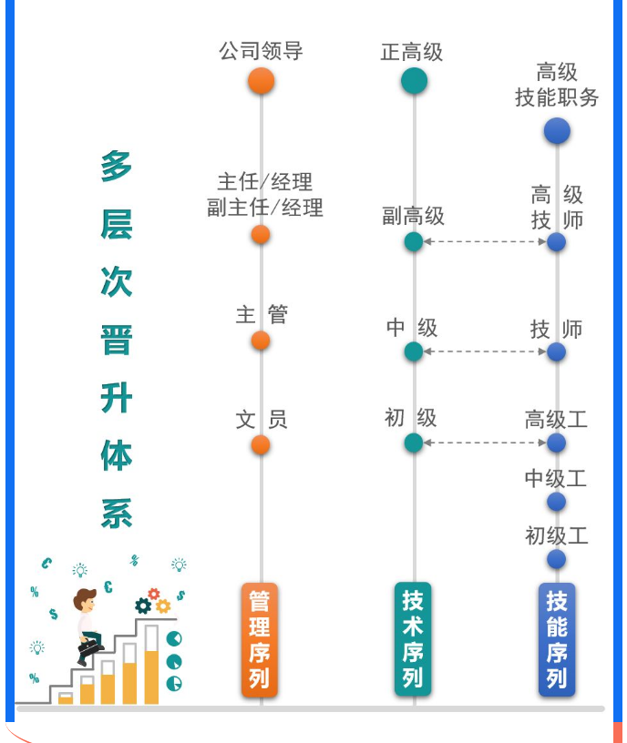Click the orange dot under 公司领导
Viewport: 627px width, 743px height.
tap(261, 81)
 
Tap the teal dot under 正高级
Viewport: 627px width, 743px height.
tap(414, 81)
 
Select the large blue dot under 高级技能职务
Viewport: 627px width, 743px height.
tap(557, 131)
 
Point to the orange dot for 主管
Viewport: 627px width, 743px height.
tap(261, 341)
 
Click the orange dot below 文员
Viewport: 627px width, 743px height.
tap(261, 444)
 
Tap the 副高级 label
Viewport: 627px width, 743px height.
tap(413, 216)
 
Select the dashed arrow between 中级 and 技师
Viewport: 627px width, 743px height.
tap(485, 351)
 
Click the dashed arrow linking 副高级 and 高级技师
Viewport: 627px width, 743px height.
tap(485, 242)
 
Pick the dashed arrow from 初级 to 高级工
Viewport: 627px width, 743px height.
tap(485, 443)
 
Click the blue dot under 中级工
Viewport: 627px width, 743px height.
tap(556, 502)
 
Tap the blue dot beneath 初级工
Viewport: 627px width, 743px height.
tap(556, 559)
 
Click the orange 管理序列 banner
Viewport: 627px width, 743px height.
tap(260, 640)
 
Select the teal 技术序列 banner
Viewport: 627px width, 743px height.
tap(413, 640)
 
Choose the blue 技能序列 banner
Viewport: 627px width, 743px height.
tap(557, 640)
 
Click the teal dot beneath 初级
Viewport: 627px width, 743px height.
tap(414, 443)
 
